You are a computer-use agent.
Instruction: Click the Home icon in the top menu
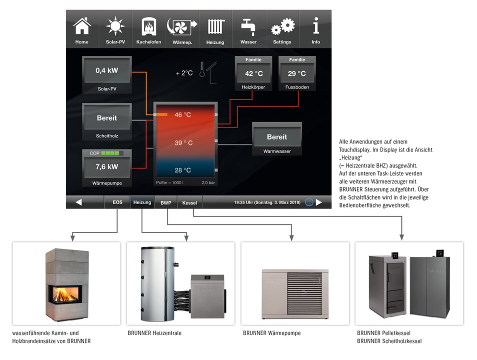[x=82, y=26]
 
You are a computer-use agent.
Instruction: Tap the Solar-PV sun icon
[x=115, y=26]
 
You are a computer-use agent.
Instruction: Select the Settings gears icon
[x=283, y=26]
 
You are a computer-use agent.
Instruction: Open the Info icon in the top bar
[x=316, y=25]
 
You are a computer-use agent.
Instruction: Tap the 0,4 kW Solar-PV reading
[x=107, y=70]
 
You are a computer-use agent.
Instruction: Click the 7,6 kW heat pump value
[x=107, y=167]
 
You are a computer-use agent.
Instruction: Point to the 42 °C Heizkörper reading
[x=253, y=73]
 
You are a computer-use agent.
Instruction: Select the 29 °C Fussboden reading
[x=297, y=73]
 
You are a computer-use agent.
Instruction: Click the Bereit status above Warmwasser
[x=277, y=137]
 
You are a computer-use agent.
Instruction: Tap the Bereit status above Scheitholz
[x=107, y=118]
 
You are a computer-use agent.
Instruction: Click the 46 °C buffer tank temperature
[x=183, y=114]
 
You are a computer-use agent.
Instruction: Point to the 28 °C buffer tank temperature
[x=183, y=170]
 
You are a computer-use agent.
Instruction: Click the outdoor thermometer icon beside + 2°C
[x=202, y=69]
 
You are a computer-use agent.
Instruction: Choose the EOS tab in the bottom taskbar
[x=117, y=202]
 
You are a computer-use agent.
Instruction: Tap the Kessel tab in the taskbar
[x=189, y=202]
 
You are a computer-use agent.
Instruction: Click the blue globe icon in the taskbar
[x=309, y=202]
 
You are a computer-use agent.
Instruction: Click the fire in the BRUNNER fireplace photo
[x=63, y=294]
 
